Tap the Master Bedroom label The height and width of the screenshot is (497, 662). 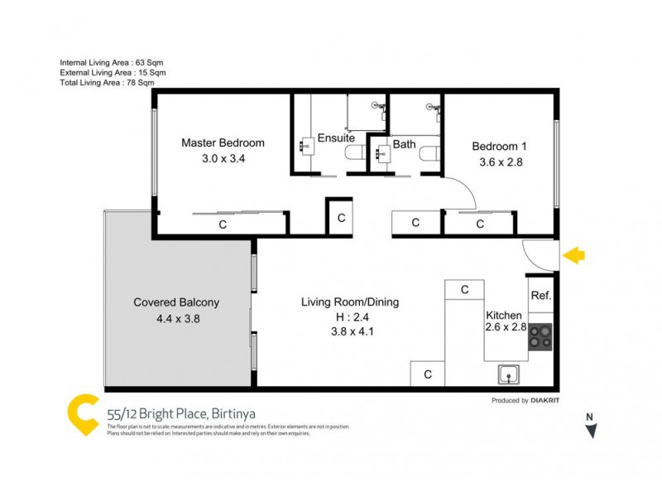223,142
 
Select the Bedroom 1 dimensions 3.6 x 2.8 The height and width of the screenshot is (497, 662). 501,162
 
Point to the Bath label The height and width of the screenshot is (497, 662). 404,144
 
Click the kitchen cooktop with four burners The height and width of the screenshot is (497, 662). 540,336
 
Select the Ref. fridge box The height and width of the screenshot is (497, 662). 540,296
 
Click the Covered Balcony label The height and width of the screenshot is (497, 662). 176,302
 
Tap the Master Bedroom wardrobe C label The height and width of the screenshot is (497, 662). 222,224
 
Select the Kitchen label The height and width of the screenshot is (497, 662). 503,315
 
